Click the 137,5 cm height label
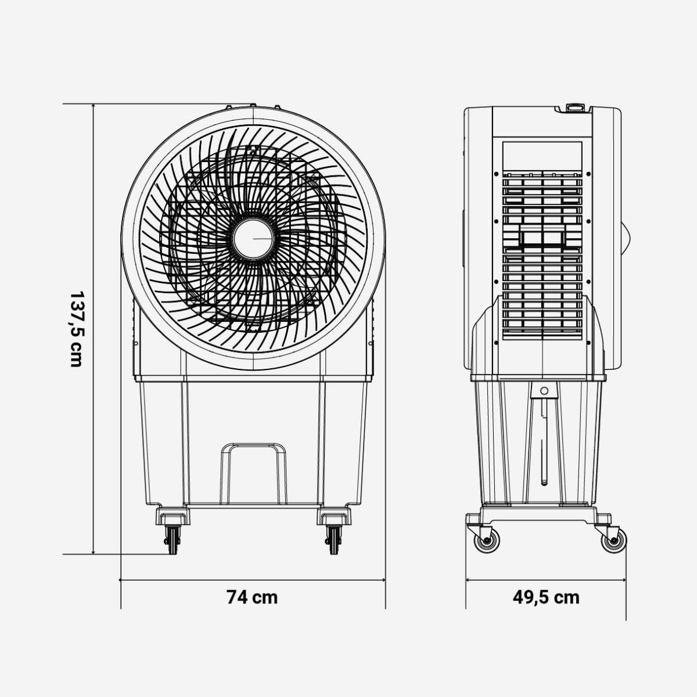click(76, 329)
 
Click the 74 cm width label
click(252, 597)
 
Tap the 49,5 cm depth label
click(545, 597)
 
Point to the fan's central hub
click(253, 239)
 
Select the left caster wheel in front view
click(172, 540)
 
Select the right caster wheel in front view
click(334, 540)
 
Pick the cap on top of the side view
click(575, 107)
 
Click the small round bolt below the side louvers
click(544, 390)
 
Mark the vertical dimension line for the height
click(94, 329)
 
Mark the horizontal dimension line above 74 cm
click(252, 580)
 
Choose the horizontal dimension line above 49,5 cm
click(545, 580)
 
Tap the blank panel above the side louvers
click(542, 155)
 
